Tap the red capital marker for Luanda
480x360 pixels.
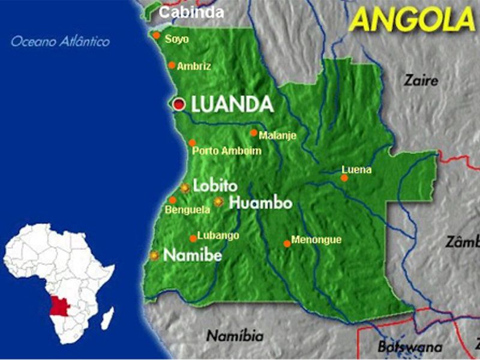(x=178, y=104)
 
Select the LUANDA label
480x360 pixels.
(x=232, y=104)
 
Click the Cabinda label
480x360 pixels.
(x=191, y=12)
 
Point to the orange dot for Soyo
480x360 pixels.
(x=157, y=36)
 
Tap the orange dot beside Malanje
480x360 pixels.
(x=254, y=133)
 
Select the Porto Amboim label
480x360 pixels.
(x=227, y=151)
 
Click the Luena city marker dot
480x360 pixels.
(x=344, y=178)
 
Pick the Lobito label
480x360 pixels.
(x=215, y=186)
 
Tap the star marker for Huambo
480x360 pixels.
(x=219, y=202)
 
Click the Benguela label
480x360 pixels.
(x=188, y=210)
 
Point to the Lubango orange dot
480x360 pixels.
(x=193, y=238)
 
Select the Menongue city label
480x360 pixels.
(x=316, y=240)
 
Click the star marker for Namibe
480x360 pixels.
(x=155, y=256)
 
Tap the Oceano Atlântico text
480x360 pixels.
(x=60, y=42)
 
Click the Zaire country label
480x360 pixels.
(x=421, y=80)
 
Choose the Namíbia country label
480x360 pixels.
(x=235, y=336)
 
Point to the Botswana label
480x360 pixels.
(x=410, y=347)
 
